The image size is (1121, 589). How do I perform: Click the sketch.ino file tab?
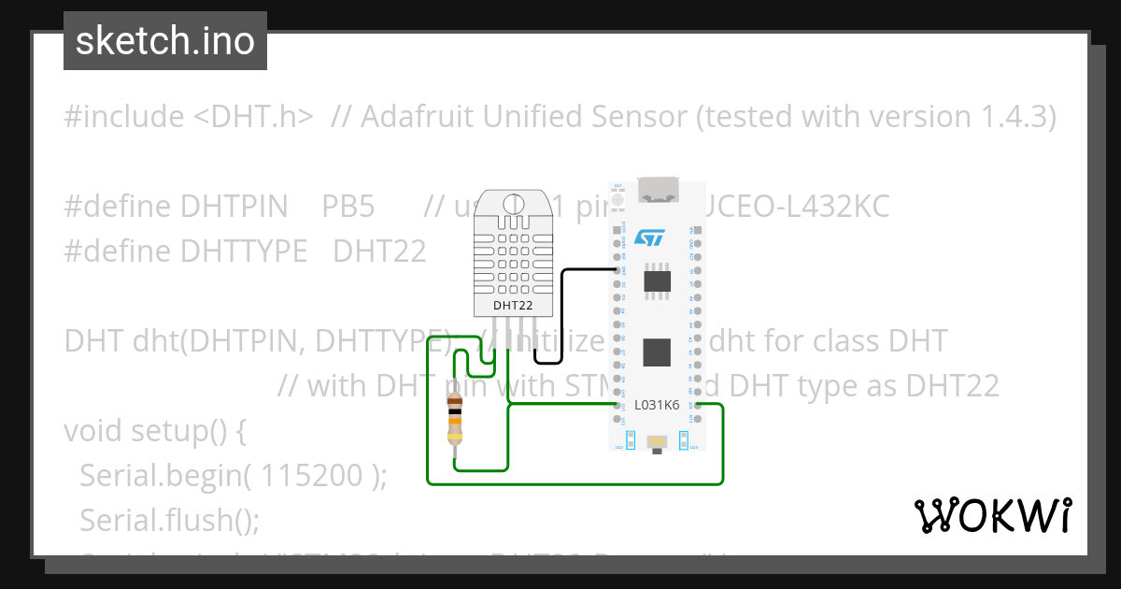pyautogui.click(x=165, y=41)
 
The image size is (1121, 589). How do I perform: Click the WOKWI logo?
pyautogui.click(x=992, y=515)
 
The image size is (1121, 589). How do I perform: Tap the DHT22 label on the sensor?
pyautogui.click(x=513, y=305)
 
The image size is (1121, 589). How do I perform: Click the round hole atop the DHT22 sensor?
pyautogui.click(x=513, y=203)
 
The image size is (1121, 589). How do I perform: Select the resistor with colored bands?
pyautogui.click(x=455, y=418)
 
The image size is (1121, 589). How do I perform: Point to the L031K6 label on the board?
pyautogui.click(x=657, y=405)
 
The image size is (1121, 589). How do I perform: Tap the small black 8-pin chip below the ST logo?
pyautogui.click(x=658, y=279)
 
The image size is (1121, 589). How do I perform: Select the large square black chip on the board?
pyautogui.click(x=658, y=352)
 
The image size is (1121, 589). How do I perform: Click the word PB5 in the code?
pyautogui.click(x=348, y=207)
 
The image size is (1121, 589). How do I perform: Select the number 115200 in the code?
pyautogui.click(x=311, y=476)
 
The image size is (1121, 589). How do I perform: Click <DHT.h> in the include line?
pyautogui.click(x=253, y=117)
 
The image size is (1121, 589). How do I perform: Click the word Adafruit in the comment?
pyautogui.click(x=411, y=117)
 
